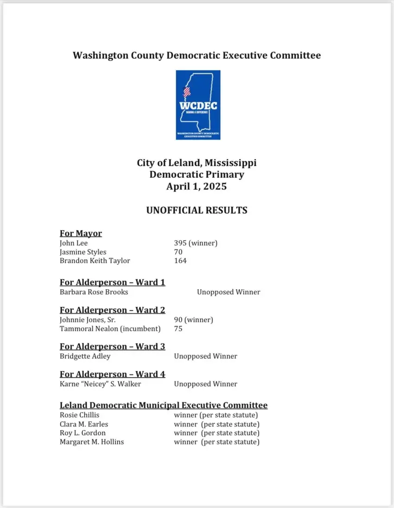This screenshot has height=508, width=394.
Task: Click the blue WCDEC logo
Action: pyautogui.click(x=198, y=105)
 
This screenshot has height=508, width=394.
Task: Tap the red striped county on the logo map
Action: pyautogui.click(x=187, y=92)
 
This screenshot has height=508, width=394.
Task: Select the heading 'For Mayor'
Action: pyautogui.click(x=81, y=233)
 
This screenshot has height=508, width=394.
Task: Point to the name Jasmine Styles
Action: pyautogui.click(x=83, y=252)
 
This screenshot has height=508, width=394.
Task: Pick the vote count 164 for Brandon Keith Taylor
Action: pyautogui.click(x=180, y=260)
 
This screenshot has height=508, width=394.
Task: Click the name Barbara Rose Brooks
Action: pyautogui.click(x=94, y=292)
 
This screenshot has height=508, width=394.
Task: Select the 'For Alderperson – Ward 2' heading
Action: pyautogui.click(x=112, y=310)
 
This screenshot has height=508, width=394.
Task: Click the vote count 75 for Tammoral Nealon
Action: pyautogui.click(x=178, y=329)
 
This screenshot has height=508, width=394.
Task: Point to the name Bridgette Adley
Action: pyautogui.click(x=85, y=356)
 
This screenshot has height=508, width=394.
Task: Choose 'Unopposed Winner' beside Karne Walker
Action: pyautogui.click(x=205, y=384)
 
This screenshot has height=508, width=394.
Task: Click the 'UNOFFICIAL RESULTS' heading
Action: pyautogui.click(x=197, y=210)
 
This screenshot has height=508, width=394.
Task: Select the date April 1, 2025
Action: pyautogui.click(x=197, y=186)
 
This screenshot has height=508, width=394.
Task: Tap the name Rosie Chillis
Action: pyautogui.click(x=79, y=415)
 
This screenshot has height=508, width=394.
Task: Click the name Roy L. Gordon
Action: pyautogui.click(x=83, y=433)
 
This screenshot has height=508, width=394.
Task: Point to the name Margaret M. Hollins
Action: pyautogui.click(x=92, y=442)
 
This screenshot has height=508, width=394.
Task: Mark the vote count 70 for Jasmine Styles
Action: pyautogui.click(x=178, y=252)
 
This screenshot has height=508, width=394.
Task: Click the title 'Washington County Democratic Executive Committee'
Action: pyautogui.click(x=197, y=56)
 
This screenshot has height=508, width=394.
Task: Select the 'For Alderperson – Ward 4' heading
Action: pyautogui.click(x=112, y=374)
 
